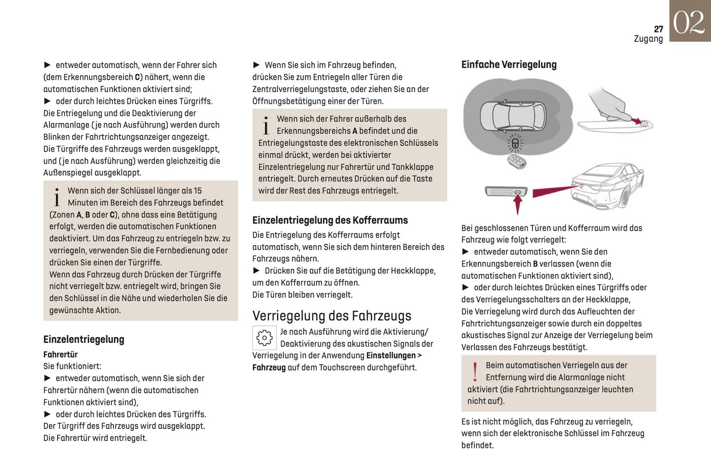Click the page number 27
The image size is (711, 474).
click(x=658, y=29)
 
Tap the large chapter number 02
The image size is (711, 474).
click(x=689, y=22)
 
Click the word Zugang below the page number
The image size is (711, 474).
click(x=648, y=39)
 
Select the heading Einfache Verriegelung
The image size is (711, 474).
click(x=509, y=64)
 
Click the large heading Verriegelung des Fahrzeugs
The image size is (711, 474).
click(x=332, y=316)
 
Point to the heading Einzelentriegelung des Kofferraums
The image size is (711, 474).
click(x=330, y=220)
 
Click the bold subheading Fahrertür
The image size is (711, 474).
click(x=60, y=354)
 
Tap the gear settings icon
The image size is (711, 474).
click(x=264, y=338)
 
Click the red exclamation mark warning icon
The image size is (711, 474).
click(x=475, y=372)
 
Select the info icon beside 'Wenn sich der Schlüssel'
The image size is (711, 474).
click(x=57, y=197)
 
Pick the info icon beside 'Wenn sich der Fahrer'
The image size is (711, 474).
click(x=266, y=125)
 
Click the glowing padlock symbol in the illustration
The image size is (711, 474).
click(x=515, y=144)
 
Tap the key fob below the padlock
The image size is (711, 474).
click(x=517, y=161)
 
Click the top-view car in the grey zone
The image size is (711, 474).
click(x=513, y=117)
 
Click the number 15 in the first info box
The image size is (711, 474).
click(x=197, y=190)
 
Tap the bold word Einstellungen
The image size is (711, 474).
click(x=391, y=355)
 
